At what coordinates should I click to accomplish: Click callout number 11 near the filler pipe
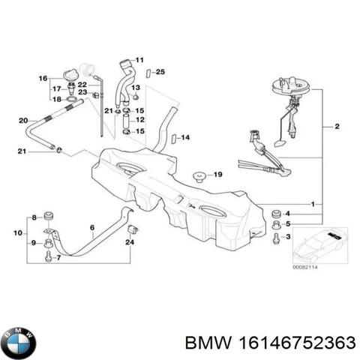click(x=139, y=57)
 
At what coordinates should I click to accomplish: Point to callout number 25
click(x=160, y=72)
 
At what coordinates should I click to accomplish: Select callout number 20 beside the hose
click(x=23, y=120)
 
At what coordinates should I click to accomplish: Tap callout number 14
click(x=185, y=138)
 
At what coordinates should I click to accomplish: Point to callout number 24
click(x=129, y=242)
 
